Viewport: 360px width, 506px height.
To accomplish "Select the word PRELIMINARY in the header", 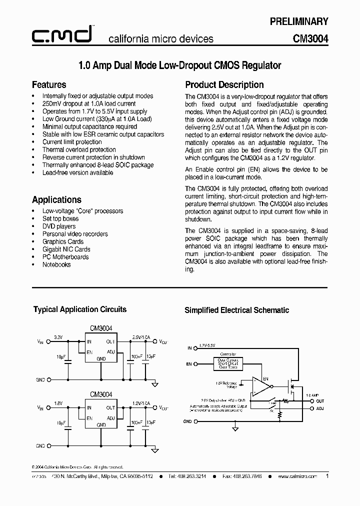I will coord(299,21).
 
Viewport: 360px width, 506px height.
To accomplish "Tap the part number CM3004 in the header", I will coord(310,38).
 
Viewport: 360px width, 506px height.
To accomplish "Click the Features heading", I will coord(49,84).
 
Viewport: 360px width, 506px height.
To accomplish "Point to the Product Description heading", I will coord(224,84).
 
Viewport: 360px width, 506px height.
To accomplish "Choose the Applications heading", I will coord(56,199).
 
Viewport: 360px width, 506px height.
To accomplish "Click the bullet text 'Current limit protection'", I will coord(72,142).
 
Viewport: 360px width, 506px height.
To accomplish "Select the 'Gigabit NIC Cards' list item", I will coord(66,249).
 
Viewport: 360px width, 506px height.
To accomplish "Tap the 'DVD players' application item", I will coord(59,226).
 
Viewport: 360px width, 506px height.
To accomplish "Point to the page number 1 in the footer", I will coord(327,476).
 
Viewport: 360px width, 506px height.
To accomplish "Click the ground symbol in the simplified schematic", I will coord(235,428).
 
